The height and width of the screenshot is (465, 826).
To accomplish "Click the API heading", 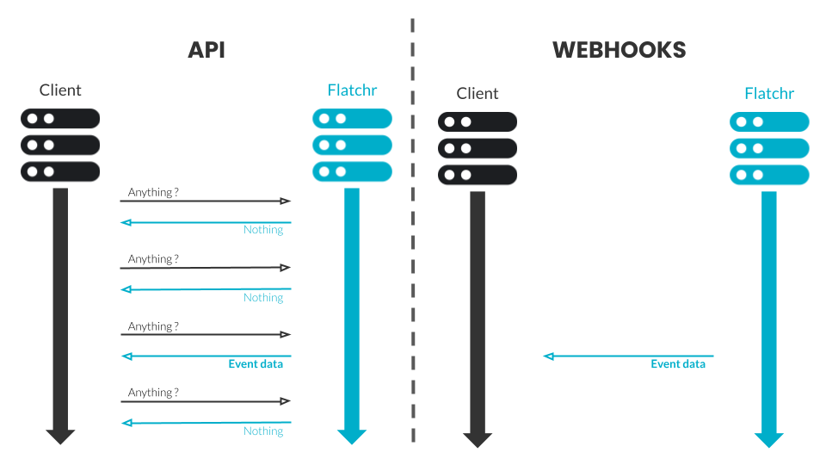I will (206, 50).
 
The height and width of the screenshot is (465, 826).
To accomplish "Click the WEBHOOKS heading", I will (619, 50).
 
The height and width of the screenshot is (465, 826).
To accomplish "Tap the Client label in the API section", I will (60, 90).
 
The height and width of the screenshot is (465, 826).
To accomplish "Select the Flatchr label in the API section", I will (352, 90).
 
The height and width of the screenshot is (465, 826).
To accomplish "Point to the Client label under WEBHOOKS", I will (478, 94).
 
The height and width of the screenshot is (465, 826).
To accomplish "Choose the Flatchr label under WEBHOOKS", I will (769, 94).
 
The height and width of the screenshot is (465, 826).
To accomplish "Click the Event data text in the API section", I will (256, 364).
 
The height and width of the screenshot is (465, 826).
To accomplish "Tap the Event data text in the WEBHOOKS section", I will (678, 364).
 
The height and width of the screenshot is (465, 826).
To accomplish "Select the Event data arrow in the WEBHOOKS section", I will (628, 355).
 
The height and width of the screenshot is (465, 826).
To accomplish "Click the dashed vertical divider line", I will (412, 232).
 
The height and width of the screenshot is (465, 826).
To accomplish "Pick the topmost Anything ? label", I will (153, 192).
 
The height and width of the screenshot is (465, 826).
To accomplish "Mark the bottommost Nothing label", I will (263, 431).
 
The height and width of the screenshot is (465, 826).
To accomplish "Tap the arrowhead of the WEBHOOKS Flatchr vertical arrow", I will (769, 439).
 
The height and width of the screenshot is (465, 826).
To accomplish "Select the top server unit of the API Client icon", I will (60, 118).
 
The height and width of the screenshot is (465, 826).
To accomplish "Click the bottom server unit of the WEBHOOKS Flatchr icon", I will (769, 175).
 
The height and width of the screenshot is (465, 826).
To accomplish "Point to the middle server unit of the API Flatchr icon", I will (352, 144).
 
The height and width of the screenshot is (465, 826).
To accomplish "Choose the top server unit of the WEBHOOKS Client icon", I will (478, 121).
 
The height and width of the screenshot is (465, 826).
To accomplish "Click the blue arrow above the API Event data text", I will (206, 355).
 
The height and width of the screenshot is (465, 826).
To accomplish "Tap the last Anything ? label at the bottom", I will (153, 393).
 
